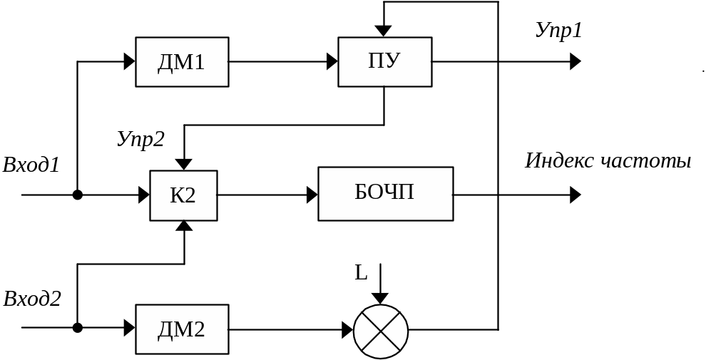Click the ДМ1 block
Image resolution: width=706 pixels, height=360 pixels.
(x=182, y=63)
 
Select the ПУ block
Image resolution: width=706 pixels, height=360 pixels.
(x=384, y=62)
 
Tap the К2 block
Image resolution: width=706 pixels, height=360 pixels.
(x=183, y=195)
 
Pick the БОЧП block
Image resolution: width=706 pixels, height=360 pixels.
(x=385, y=194)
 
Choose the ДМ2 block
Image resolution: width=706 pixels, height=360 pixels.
(x=182, y=329)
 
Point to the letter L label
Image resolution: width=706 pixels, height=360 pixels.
(x=362, y=273)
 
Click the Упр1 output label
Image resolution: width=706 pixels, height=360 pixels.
(x=558, y=31)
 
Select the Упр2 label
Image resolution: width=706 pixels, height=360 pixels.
(x=140, y=139)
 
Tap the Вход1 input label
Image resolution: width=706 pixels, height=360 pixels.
(x=31, y=165)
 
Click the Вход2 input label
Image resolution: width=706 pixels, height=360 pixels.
(x=31, y=298)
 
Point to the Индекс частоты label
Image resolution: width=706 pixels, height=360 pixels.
(x=608, y=161)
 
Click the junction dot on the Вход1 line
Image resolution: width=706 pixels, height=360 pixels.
(x=78, y=195)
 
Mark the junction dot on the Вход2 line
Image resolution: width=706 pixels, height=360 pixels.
(x=78, y=328)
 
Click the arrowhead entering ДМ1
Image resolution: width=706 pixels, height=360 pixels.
(x=130, y=62)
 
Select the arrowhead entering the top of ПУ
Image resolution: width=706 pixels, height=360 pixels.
(x=384, y=31)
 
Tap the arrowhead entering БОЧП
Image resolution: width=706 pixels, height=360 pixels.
(x=312, y=195)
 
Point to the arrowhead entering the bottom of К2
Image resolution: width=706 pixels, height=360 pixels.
(x=184, y=226)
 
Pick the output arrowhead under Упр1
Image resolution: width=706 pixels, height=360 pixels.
(x=575, y=62)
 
